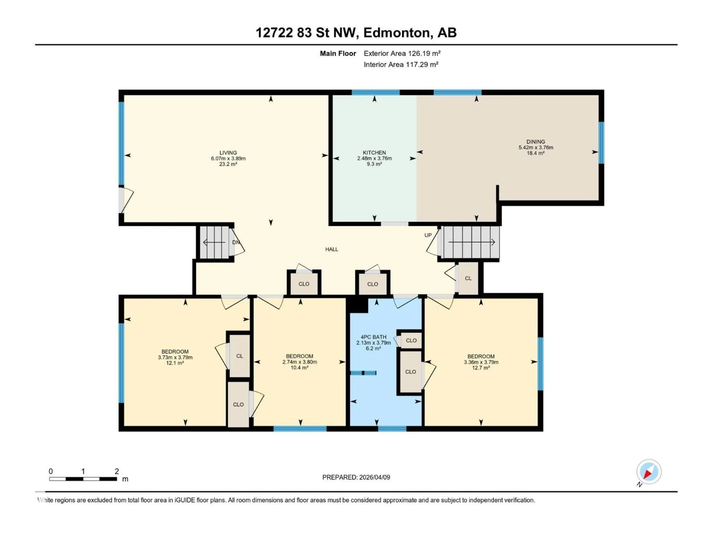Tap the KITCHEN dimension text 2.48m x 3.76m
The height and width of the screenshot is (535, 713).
374,158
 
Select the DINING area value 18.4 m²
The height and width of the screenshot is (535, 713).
535,153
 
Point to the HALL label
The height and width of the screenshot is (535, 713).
331,249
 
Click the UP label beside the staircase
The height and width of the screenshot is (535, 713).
428,235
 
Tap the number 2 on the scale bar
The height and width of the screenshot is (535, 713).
117,471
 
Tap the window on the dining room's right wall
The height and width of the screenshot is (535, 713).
601,142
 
